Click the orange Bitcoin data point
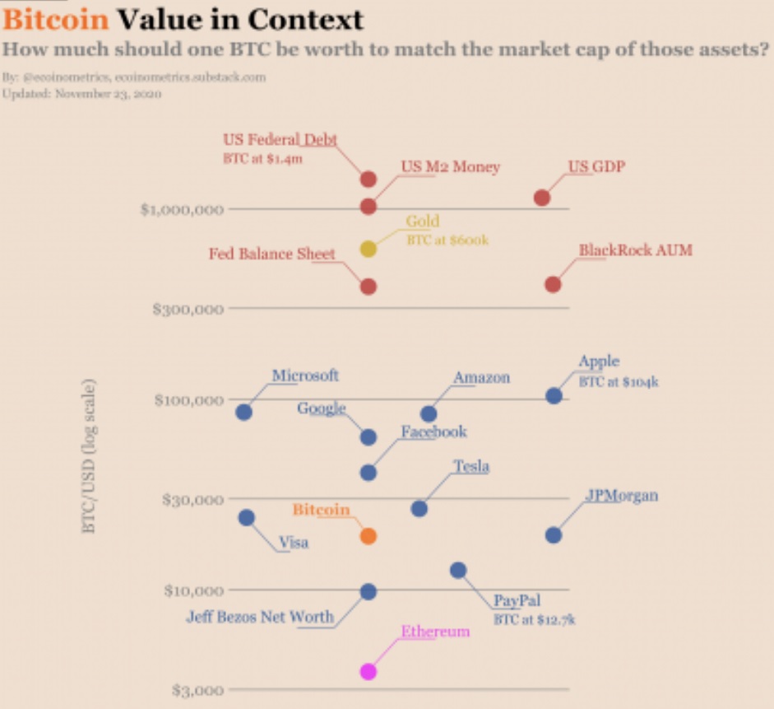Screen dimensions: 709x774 (368, 535)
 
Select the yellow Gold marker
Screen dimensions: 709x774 (368, 249)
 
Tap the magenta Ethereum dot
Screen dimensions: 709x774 (368, 671)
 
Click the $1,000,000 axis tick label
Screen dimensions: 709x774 (182, 209)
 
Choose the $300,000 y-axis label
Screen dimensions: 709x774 (188, 309)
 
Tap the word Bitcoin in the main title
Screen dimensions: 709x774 (56, 19)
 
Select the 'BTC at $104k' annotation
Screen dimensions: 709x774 (619, 381)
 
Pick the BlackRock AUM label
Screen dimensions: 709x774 (635, 250)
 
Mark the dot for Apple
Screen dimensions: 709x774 (554, 395)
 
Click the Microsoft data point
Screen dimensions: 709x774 (243, 412)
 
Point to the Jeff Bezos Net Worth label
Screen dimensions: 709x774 (260, 616)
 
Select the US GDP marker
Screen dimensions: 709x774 (541, 198)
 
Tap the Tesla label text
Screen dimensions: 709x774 (471, 467)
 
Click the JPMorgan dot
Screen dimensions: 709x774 (554, 535)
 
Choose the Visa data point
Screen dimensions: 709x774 (246, 517)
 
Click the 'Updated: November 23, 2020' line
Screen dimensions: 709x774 (81, 94)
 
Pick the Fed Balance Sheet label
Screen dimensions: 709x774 (272, 254)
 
